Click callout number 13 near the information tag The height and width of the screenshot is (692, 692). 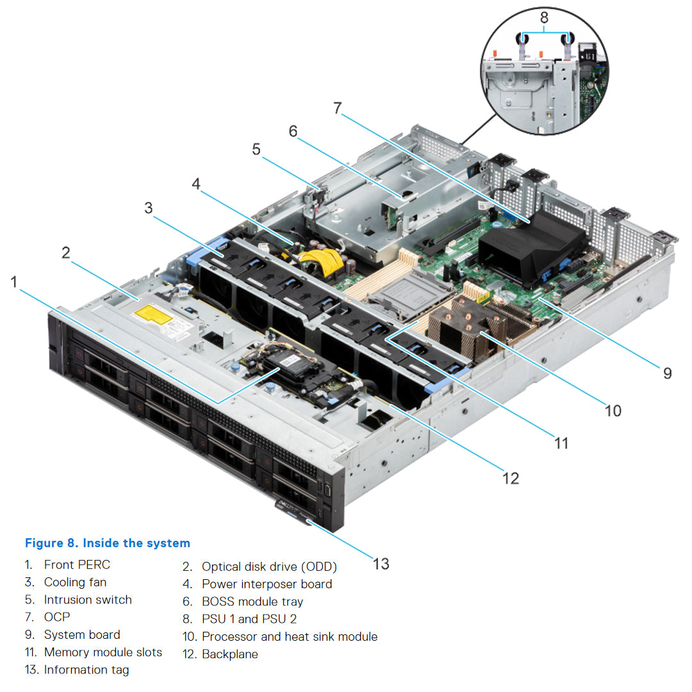click(x=381, y=563)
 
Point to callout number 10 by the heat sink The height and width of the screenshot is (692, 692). click(x=613, y=409)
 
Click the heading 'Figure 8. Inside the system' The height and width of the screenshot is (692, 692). click(x=108, y=543)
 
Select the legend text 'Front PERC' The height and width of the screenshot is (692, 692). click(x=77, y=564)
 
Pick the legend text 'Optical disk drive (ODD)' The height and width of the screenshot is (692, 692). click(x=269, y=566)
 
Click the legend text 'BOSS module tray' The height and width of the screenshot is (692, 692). click(x=252, y=602)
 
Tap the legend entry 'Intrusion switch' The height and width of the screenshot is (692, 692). click(x=88, y=600)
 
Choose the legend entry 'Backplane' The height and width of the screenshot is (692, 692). click(x=230, y=654)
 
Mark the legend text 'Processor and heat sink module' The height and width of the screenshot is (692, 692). click(x=290, y=636)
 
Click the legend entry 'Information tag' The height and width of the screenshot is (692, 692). click(x=86, y=670)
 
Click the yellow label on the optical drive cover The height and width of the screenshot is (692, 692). click(x=154, y=313)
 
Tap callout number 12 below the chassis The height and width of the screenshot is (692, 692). click(x=511, y=477)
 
